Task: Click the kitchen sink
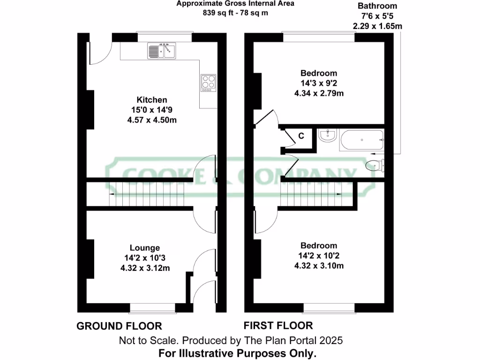coord(161,51)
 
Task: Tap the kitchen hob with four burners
coord(209,82)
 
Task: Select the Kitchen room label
coord(151,100)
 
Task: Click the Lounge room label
coord(145,248)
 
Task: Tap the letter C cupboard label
coord(302,136)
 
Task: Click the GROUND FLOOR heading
coord(119,326)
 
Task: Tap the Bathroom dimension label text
coord(377,6)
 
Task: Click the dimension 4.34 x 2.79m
coord(319,93)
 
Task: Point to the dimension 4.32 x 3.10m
coord(319,266)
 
